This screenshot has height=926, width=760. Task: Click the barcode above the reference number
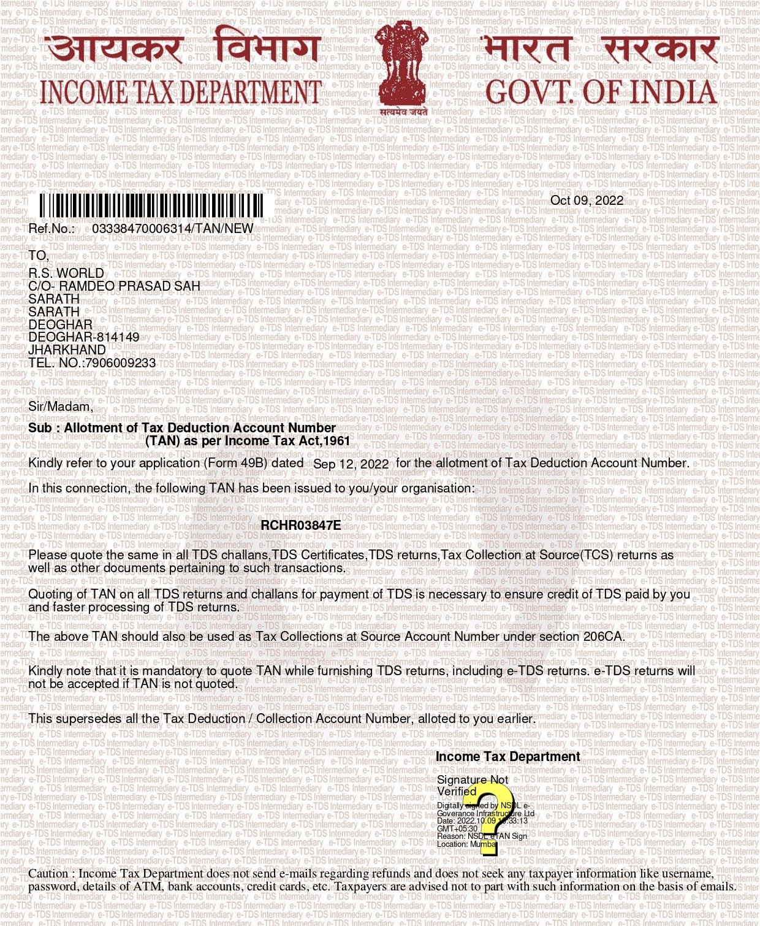tap(152, 206)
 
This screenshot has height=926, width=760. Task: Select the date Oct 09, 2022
tap(587, 201)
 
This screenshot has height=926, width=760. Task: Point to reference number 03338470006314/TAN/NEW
tap(172, 229)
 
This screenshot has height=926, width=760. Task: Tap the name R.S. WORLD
tap(66, 273)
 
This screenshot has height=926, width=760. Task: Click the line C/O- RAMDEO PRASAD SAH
tap(114, 286)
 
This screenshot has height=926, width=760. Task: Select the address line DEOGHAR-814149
tap(84, 337)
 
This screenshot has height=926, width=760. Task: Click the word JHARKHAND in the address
tap(67, 350)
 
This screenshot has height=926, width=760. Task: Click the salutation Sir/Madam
tap(61, 406)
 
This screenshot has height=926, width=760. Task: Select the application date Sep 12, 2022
tap(351, 464)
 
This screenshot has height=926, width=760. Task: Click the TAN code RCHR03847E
tap(300, 525)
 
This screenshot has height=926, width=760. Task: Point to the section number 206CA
tap(604, 637)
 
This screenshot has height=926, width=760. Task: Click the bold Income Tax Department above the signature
tap(507, 757)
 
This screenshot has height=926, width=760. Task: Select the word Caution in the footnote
tap(48, 874)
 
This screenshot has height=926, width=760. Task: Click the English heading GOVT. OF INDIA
tap(601, 92)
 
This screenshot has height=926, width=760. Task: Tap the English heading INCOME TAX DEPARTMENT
tap(181, 92)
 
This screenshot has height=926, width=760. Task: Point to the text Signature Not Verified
tap(472, 786)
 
